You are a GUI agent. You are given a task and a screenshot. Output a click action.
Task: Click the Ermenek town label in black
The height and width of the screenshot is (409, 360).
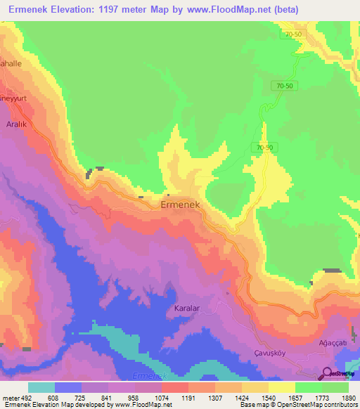[x=182, y=204]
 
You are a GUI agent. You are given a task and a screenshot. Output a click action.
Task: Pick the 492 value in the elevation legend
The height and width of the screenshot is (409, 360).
[x=25, y=398]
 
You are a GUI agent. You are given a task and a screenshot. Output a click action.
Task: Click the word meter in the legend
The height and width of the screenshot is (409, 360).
[x=9, y=398]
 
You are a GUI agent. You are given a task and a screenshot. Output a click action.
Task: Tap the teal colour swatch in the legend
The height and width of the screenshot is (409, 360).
[x=41, y=387]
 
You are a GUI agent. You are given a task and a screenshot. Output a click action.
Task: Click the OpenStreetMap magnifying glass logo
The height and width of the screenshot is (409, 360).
[x=328, y=374]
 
